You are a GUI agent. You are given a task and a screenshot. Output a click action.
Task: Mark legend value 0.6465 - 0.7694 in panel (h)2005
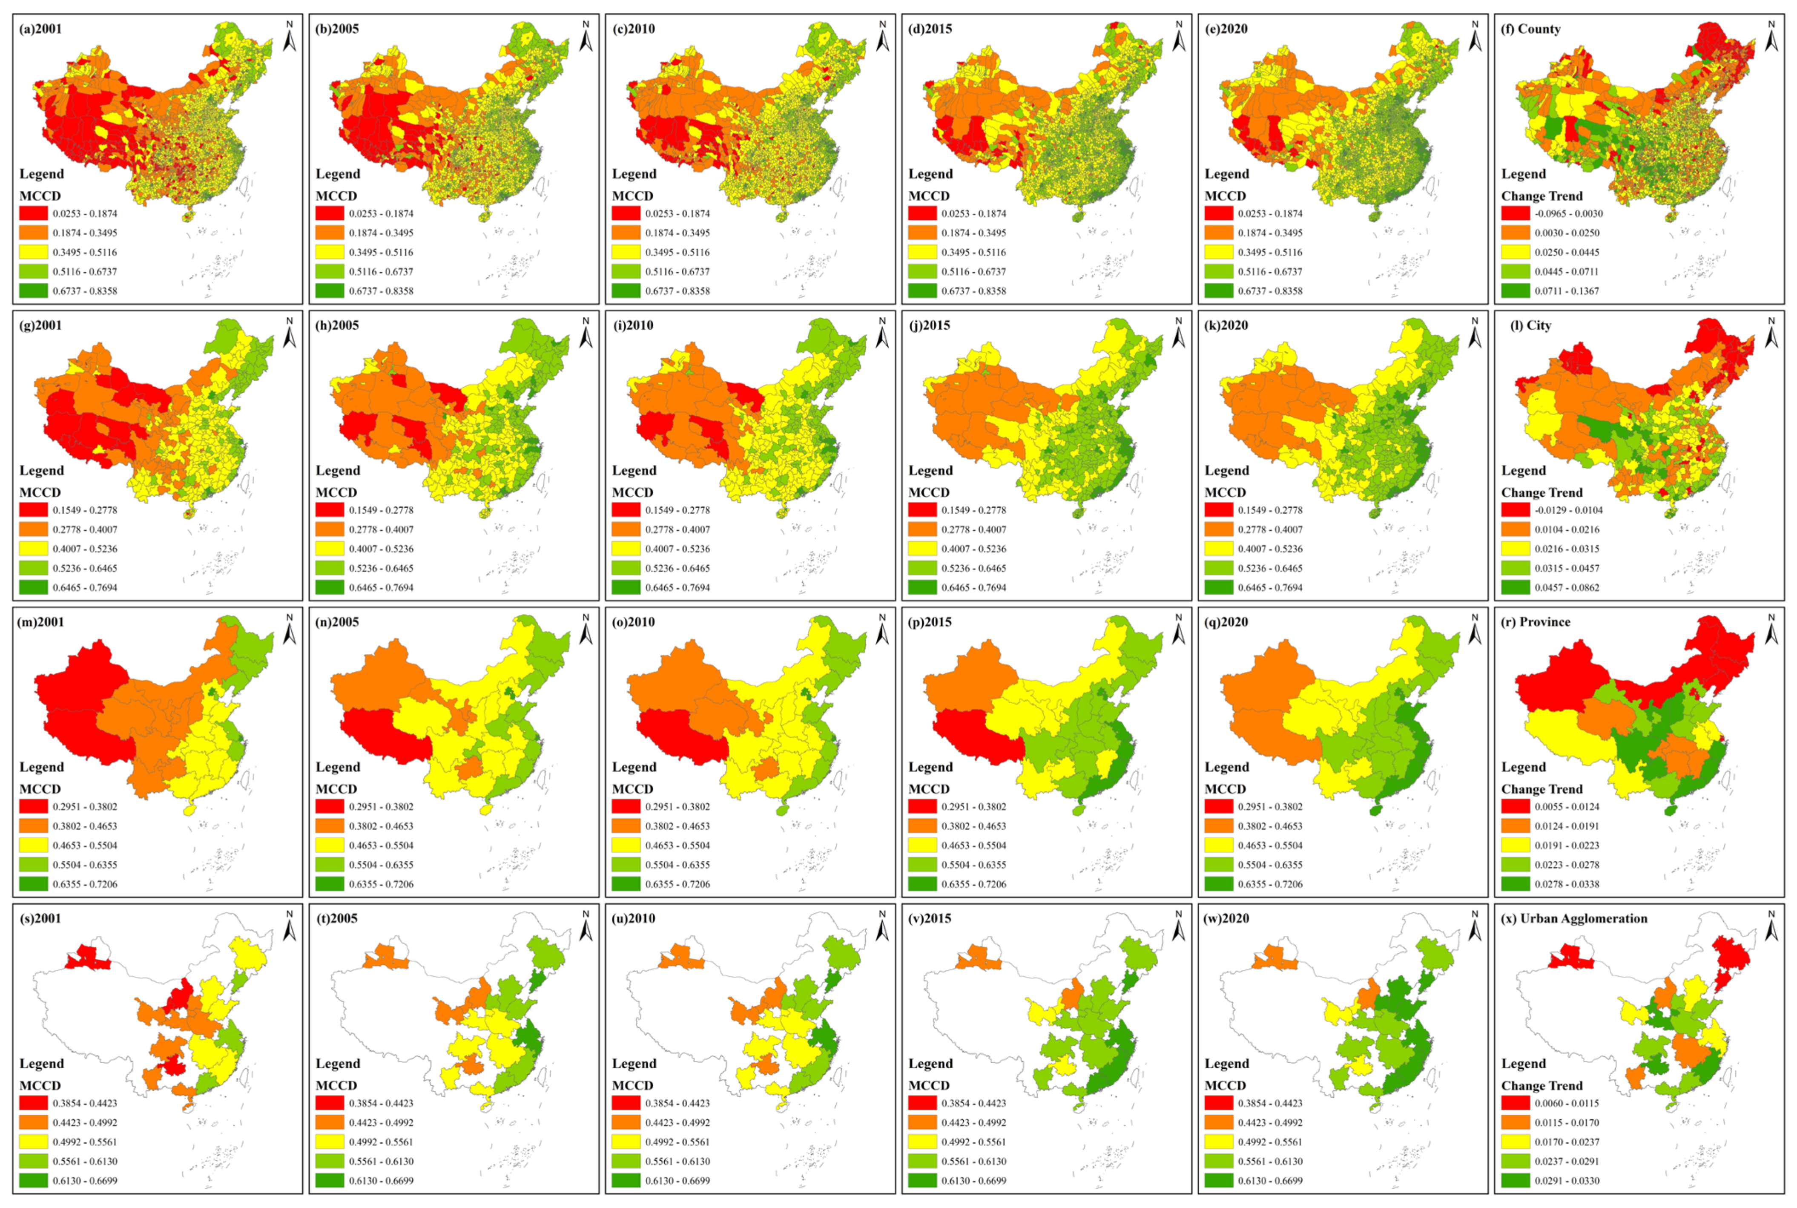[381, 588]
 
